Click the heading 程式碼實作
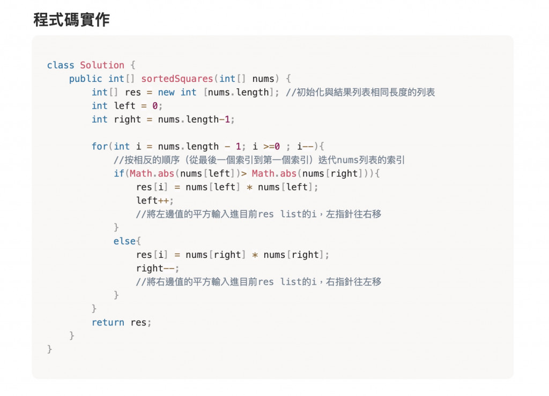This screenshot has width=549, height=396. (x=71, y=20)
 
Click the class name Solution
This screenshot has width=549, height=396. (x=102, y=65)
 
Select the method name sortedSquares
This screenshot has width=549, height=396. (x=177, y=79)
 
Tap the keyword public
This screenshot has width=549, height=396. (x=85, y=79)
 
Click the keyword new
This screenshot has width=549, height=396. (x=166, y=93)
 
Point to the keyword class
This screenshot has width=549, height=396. (x=61, y=65)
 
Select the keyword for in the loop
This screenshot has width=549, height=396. (x=99, y=147)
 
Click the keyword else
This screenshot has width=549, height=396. (x=124, y=241)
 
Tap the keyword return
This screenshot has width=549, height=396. (x=108, y=323)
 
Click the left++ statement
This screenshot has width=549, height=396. (x=154, y=201)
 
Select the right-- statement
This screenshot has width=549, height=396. (x=157, y=268)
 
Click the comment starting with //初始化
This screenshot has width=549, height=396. (x=360, y=93)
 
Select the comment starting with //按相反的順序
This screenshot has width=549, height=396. (x=259, y=160)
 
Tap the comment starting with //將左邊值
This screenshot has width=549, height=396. (x=258, y=214)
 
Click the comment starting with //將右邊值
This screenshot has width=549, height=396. (x=258, y=281)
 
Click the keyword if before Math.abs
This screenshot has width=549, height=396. (x=118, y=173)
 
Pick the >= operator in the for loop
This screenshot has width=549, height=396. (x=268, y=147)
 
